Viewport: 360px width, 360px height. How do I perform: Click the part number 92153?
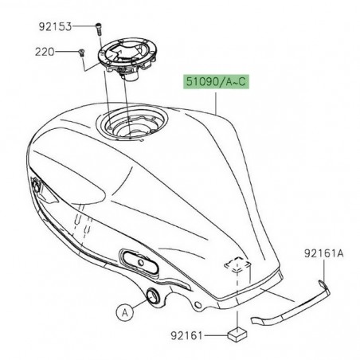click(53, 26)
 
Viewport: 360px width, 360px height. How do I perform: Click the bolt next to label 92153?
click(96, 27)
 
